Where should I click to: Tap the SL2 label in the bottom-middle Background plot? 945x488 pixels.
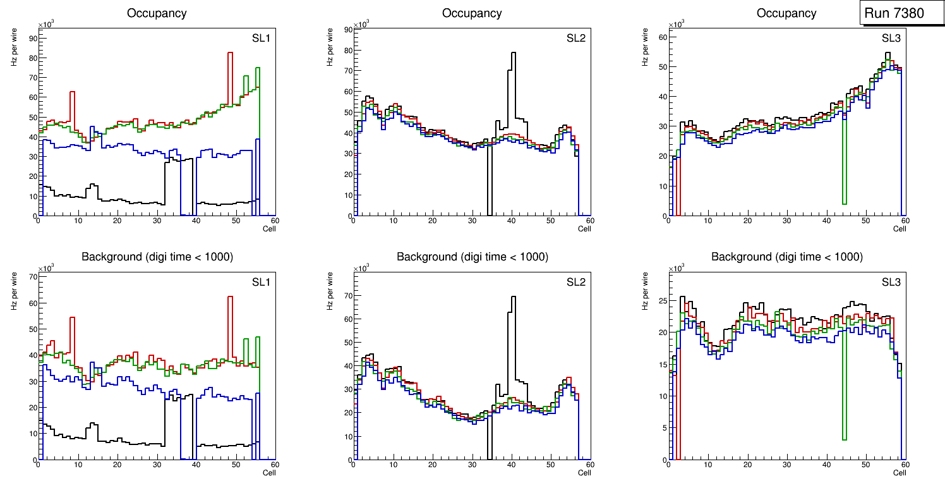coord(575,282)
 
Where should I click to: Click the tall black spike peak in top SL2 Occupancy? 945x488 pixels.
coord(514,53)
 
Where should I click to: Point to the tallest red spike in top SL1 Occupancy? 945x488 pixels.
coord(231,53)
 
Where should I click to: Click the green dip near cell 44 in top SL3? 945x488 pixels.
coord(844,203)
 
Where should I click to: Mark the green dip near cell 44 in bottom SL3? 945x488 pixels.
coord(844,439)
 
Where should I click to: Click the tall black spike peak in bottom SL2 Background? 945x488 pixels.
coord(514,297)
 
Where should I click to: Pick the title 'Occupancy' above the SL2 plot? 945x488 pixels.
coord(472,13)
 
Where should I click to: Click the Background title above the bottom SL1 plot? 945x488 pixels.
coord(157,257)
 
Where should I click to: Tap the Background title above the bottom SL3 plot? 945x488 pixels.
coord(786,257)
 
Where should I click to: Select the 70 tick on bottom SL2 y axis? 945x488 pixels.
coord(347,296)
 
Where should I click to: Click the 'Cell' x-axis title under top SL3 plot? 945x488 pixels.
coord(900,229)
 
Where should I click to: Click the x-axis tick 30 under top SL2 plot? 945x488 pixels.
coord(472,221)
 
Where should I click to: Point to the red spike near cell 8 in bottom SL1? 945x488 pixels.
coord(72,318)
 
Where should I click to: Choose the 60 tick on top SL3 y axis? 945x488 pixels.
coord(662,37)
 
